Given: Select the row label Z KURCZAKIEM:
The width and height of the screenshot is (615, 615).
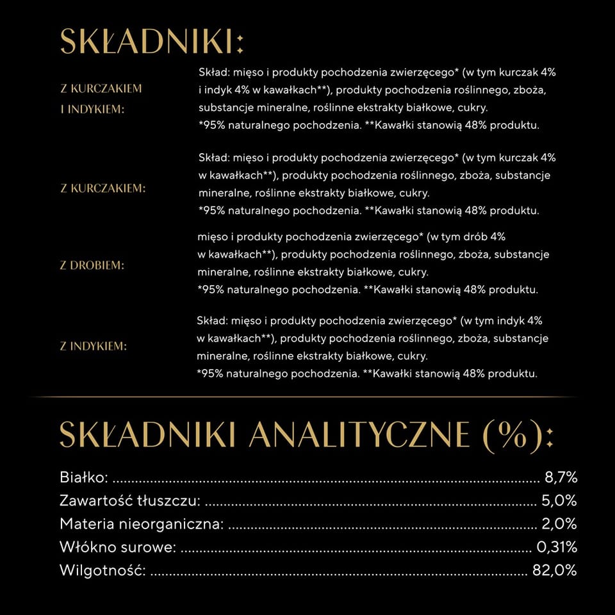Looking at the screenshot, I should click(103, 188).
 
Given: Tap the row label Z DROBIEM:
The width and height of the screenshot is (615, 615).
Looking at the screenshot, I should click(92, 265).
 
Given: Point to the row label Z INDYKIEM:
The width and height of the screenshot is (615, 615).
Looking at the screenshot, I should click(94, 347).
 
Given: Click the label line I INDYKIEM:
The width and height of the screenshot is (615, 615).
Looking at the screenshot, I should click(92, 109).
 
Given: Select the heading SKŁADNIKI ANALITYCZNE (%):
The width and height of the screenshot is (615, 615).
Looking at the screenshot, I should click(306, 435).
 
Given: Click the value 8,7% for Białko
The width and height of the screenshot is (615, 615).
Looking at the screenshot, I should click(561, 477).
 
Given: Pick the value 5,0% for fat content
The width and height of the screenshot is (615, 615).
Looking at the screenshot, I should click(560, 500).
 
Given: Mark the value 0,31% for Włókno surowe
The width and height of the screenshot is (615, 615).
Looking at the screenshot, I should click(556, 547).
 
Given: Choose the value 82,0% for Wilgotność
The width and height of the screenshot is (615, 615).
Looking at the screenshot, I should click(555, 570).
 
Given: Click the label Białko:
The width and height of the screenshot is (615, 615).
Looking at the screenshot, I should click(83, 477).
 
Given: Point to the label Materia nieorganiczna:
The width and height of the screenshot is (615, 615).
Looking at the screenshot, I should click(142, 524).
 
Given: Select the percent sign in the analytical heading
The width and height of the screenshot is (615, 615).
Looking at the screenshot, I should click(505, 436).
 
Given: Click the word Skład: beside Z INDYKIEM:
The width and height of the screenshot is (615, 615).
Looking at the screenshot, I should click(211, 320).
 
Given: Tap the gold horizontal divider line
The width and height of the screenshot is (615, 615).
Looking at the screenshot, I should click(307, 397).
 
